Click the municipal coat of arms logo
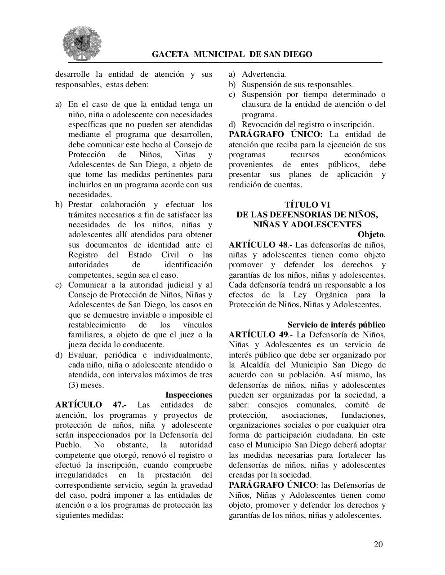pyautogui.click(x=82, y=43)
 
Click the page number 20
pyautogui.click(x=378, y=544)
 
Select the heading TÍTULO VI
pyautogui.click(x=307, y=205)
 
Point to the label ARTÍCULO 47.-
pyautogui.click(x=91, y=405)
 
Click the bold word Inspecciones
pyautogui.click(x=189, y=395)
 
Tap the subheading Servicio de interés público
pyautogui.click(x=336, y=325)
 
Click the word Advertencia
pyautogui.click(x=263, y=74)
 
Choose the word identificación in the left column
pyautogui.click(x=188, y=265)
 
